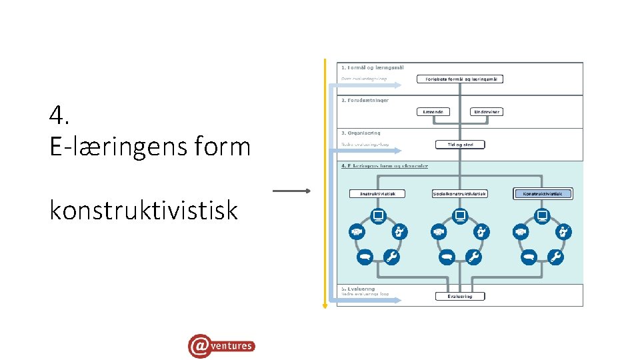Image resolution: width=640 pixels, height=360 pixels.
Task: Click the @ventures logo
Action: click(x=221, y=345)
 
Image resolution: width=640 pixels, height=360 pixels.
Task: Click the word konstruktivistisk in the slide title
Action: click(x=143, y=210)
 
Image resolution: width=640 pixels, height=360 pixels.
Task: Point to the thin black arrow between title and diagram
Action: click(x=291, y=191)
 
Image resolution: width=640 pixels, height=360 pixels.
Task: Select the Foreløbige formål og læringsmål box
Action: click(x=460, y=79)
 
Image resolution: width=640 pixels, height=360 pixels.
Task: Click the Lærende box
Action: click(x=433, y=111)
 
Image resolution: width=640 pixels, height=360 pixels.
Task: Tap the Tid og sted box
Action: click(x=460, y=144)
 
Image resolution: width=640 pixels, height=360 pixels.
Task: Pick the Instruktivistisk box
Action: click(x=377, y=194)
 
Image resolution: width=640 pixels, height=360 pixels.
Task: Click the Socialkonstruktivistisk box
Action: click(x=459, y=194)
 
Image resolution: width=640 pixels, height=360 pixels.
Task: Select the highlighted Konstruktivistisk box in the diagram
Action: click(x=543, y=194)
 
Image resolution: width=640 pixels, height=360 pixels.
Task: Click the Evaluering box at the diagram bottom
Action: click(x=460, y=296)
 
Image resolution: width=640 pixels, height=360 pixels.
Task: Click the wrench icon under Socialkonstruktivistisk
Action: click(x=474, y=257)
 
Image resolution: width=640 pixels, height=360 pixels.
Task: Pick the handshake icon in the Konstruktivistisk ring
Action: click(x=521, y=232)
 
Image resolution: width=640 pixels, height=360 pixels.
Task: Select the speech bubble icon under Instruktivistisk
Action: click(x=364, y=257)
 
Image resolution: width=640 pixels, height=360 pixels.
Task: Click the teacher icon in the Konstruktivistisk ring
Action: click(x=565, y=232)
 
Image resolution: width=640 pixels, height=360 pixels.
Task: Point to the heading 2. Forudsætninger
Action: click(x=365, y=100)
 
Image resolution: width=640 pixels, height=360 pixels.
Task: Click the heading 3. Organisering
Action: click(x=361, y=133)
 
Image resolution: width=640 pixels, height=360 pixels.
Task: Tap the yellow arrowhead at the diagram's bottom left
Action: click(x=325, y=305)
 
